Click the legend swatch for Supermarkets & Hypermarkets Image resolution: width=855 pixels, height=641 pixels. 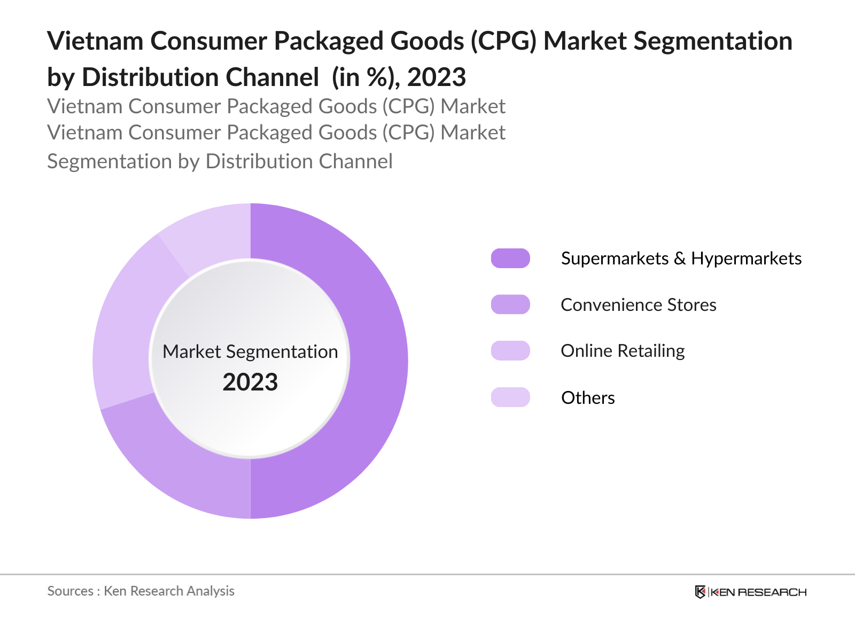[x=510, y=258]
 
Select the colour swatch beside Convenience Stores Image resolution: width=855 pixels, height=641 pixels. [x=510, y=304]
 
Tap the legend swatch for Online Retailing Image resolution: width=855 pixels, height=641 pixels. [x=510, y=350]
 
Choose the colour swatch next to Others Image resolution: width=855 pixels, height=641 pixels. [x=510, y=397]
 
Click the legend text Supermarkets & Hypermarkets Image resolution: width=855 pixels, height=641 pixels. [x=681, y=259]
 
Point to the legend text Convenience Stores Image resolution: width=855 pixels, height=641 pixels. [x=639, y=305]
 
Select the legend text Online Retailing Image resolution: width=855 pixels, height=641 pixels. [x=623, y=351]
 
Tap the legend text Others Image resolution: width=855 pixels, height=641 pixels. [x=588, y=398]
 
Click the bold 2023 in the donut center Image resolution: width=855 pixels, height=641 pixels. [x=250, y=382]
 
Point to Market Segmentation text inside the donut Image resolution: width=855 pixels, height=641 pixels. [x=250, y=351]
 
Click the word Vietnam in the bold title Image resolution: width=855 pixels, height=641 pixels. [x=95, y=41]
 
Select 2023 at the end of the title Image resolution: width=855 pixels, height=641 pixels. [x=437, y=77]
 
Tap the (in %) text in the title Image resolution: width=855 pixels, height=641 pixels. [x=365, y=77]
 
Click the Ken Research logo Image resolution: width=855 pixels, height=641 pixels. [x=750, y=592]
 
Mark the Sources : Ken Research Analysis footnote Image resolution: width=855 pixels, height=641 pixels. [x=141, y=591]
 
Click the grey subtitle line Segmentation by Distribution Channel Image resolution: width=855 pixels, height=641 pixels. [x=220, y=161]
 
